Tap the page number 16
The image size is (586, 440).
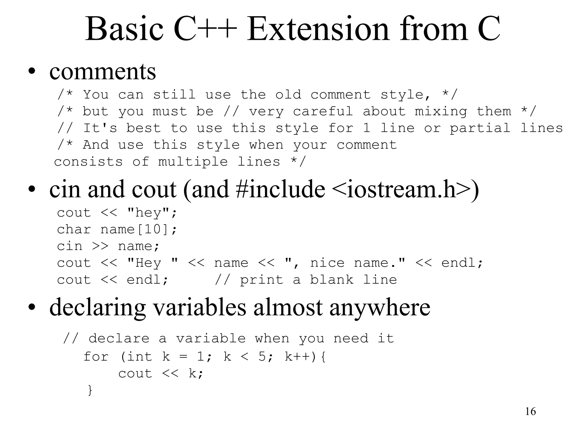(x=530, y=411)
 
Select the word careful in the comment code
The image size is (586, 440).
(x=322, y=111)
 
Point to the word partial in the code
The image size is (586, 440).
(x=480, y=128)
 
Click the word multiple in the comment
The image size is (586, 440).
(x=193, y=162)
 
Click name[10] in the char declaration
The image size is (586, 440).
(x=134, y=229)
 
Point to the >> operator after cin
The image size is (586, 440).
(x=100, y=246)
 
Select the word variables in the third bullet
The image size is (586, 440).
(x=199, y=307)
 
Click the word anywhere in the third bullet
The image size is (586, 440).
(x=380, y=307)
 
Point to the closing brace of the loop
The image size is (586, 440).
(x=90, y=390)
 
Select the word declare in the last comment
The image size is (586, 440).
(x=119, y=339)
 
